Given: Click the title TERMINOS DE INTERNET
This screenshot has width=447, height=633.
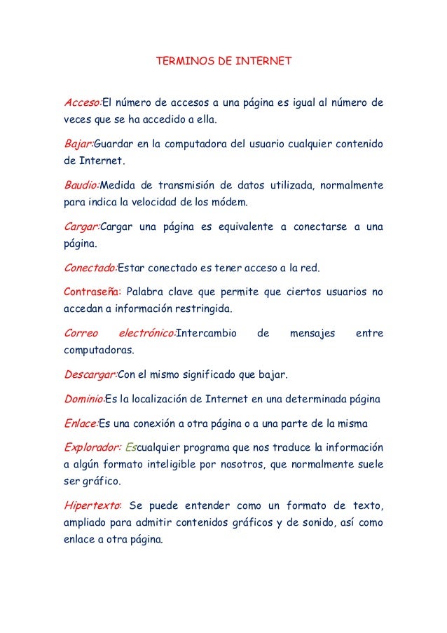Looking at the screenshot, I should pos(223,62).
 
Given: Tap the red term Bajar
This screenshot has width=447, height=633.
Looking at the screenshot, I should pos(78,145).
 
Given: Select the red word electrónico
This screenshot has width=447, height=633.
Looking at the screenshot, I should pos(145,333).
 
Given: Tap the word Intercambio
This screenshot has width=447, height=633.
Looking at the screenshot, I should pos(206,333).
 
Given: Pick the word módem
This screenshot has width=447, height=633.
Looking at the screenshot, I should pos(231,203).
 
